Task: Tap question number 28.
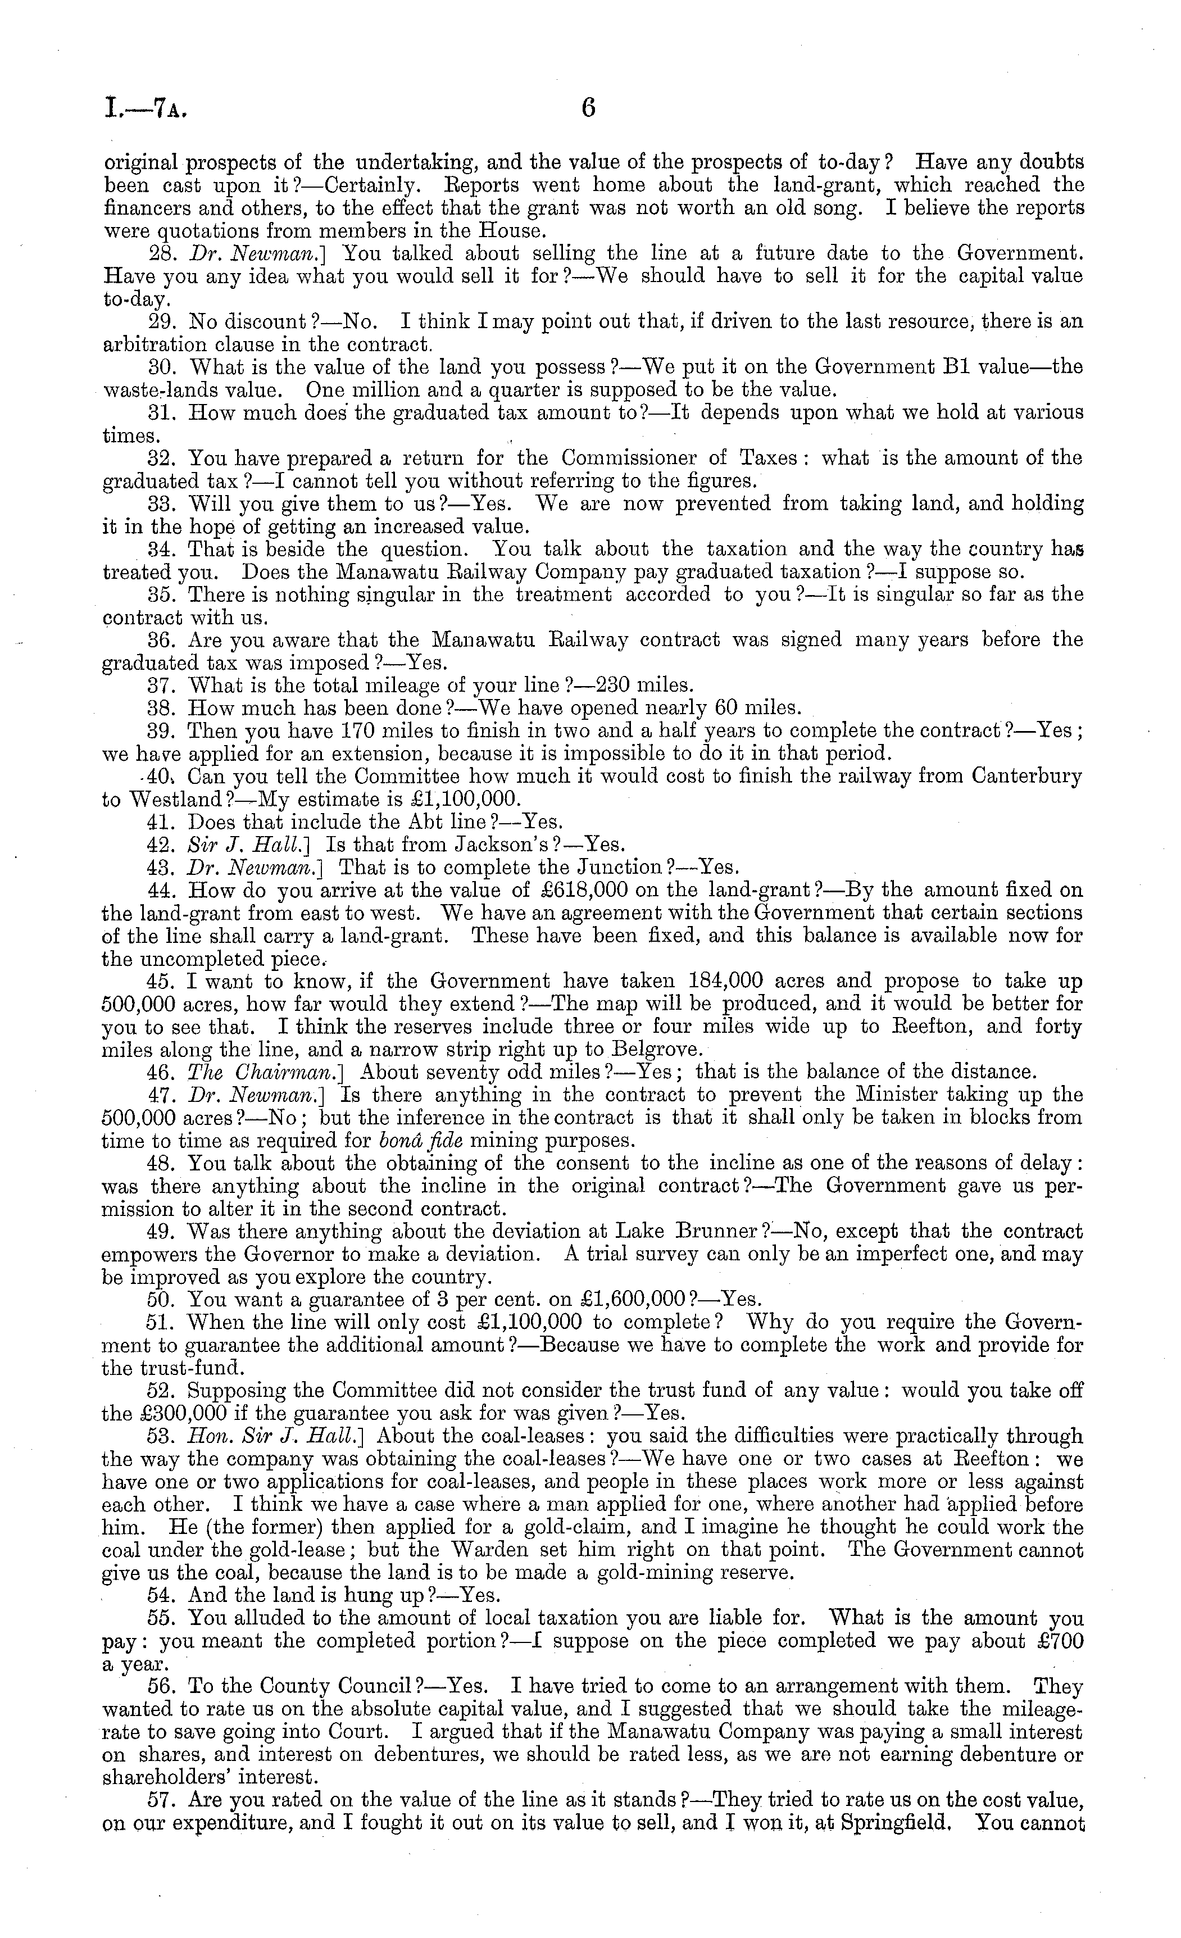pyautogui.click(x=162, y=254)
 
